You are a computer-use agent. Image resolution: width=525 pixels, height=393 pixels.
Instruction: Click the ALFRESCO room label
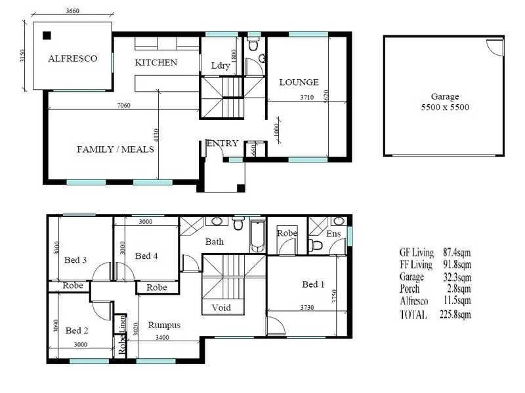coord(72,58)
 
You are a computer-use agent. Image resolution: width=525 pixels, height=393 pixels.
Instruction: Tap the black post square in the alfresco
coord(47,35)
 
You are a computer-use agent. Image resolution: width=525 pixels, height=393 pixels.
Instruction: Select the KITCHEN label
coord(156,63)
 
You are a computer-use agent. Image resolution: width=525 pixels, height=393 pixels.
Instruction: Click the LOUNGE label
coord(299,83)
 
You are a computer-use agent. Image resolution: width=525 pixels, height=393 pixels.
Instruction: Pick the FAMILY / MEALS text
coord(115,149)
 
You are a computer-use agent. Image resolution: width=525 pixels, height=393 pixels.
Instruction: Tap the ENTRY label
coord(222,144)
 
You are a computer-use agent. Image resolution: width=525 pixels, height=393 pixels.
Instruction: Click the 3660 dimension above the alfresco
coord(72,10)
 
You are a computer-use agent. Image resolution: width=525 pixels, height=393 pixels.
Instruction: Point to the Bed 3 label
coord(75,260)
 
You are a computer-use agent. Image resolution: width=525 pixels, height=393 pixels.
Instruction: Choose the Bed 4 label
coord(147,255)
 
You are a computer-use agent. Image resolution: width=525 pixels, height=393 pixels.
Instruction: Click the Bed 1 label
coord(313,284)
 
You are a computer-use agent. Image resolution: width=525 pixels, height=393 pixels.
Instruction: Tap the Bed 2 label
coord(77,330)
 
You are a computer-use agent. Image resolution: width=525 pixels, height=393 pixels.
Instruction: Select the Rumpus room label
coord(164,325)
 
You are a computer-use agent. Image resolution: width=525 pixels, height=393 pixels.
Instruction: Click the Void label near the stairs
coord(220,308)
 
